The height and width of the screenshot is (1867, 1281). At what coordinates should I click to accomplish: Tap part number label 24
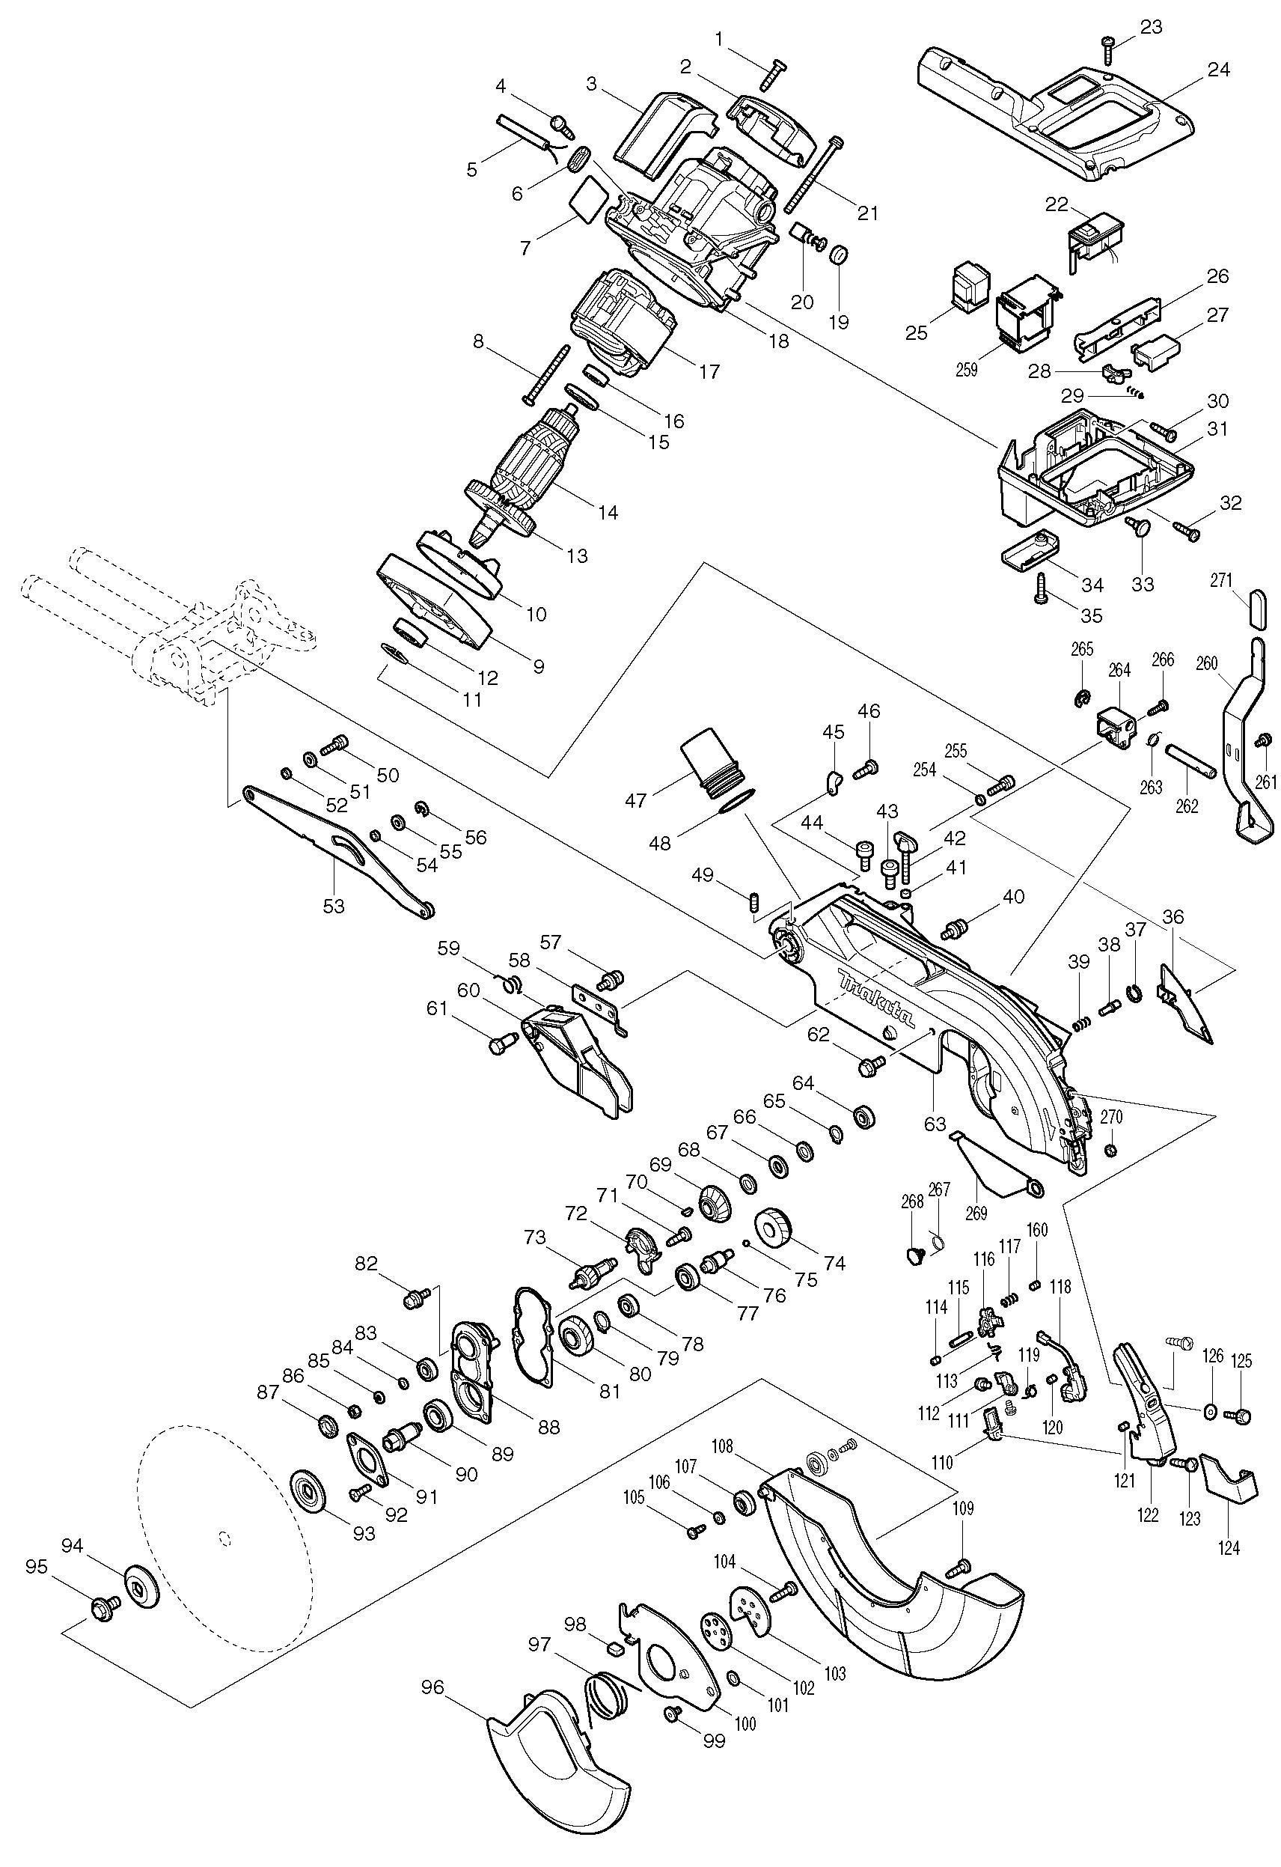point(1217,70)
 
